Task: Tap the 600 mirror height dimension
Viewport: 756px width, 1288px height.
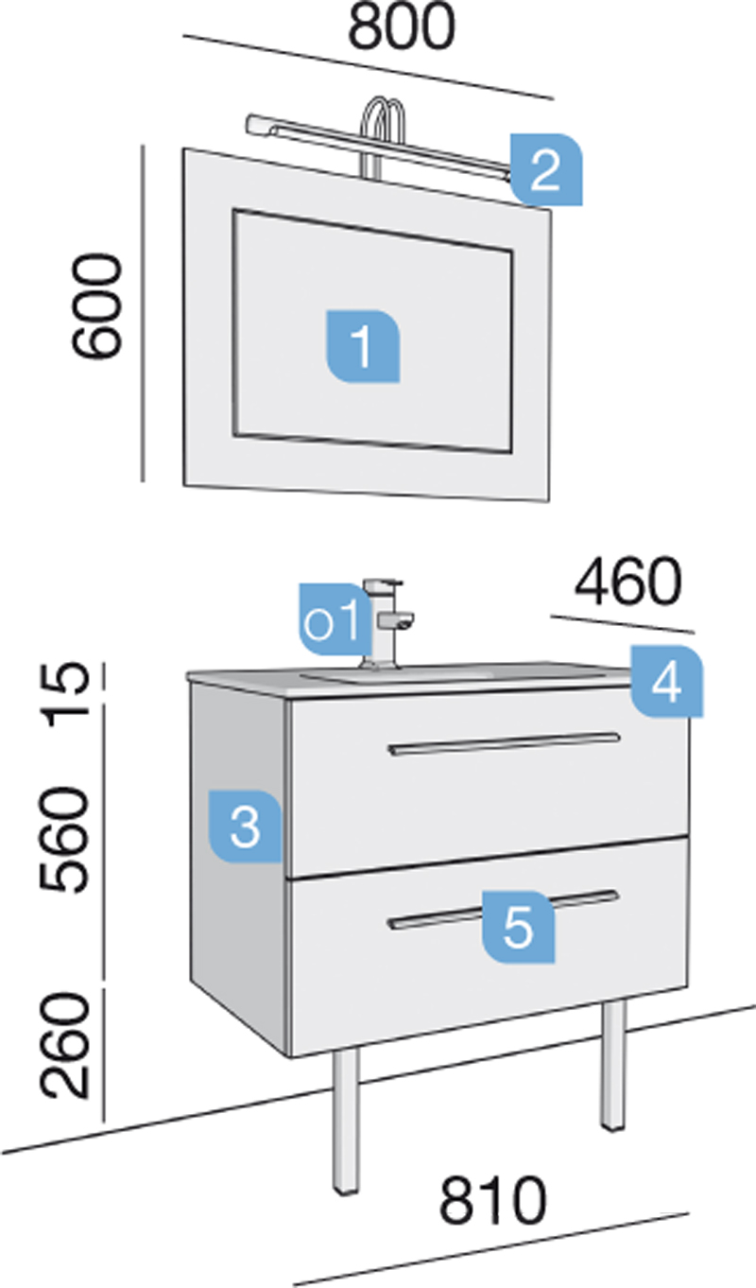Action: pyautogui.click(x=96, y=305)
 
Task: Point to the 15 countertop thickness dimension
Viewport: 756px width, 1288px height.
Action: pyautogui.click(x=68, y=694)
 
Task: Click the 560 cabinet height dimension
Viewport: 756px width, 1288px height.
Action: pyautogui.click(x=65, y=840)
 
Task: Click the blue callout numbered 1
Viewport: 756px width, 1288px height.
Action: pyautogui.click(x=363, y=346)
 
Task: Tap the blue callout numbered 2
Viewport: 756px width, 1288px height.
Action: pyautogui.click(x=546, y=169)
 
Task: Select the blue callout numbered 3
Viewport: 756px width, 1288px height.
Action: pyautogui.click(x=245, y=827)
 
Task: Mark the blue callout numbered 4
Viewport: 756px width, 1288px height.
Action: pyautogui.click(x=666, y=682)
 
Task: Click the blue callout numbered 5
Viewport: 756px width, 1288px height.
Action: pyautogui.click(x=518, y=927)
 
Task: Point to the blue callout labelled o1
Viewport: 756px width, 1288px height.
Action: pyautogui.click(x=335, y=619)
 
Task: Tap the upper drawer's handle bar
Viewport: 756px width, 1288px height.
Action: pyautogui.click(x=504, y=743)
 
